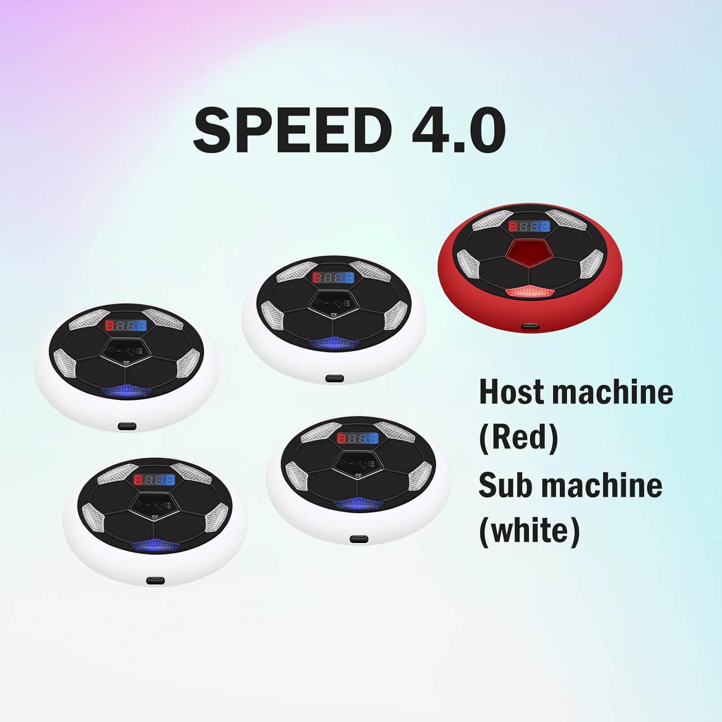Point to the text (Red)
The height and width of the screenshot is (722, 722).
[x=519, y=437]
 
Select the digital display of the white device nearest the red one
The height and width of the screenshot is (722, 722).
[x=333, y=278]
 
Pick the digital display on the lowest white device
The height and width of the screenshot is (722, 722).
[x=155, y=479]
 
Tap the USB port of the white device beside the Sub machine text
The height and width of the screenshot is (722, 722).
[x=359, y=538]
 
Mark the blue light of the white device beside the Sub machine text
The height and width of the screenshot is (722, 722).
[x=359, y=504]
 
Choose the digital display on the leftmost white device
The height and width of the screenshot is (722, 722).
[x=126, y=325]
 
